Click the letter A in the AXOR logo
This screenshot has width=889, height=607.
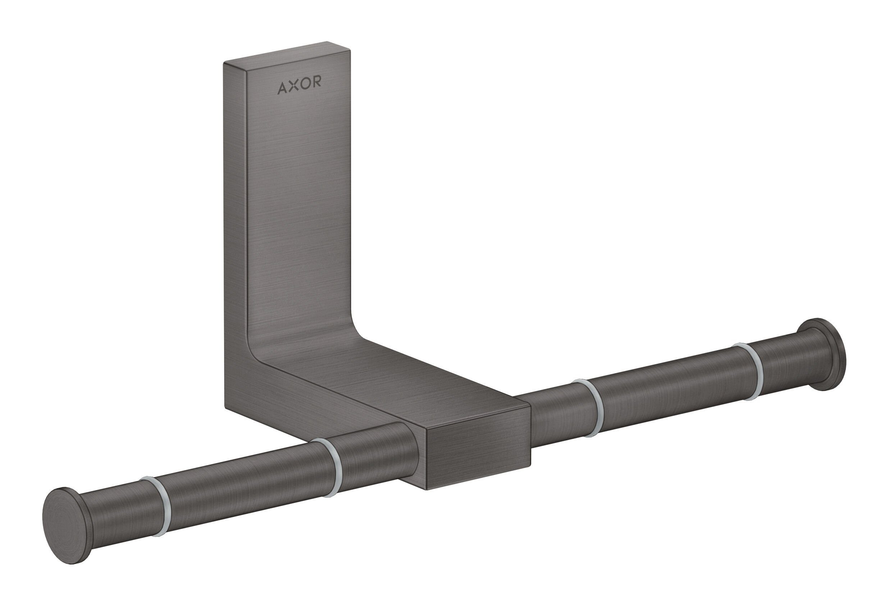click(282, 88)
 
